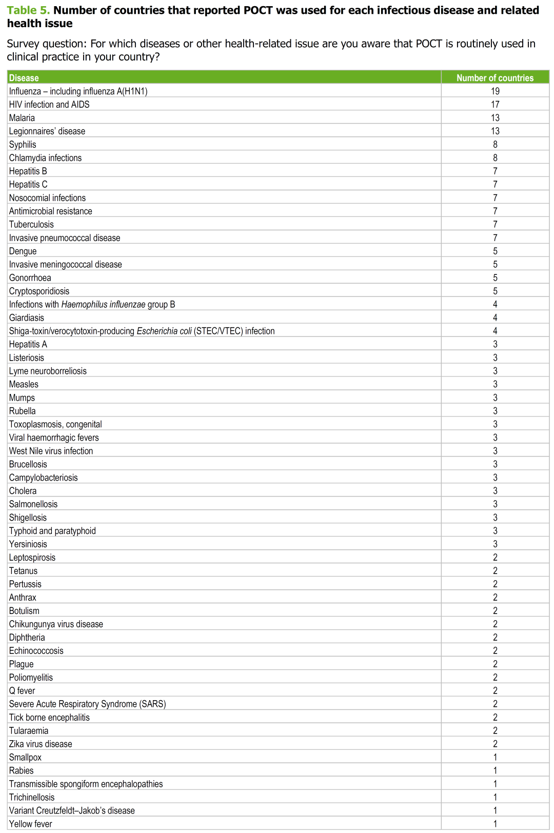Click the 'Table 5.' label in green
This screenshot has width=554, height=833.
click(x=28, y=10)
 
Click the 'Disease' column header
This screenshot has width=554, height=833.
click(x=24, y=78)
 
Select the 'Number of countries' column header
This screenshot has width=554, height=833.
click(x=494, y=78)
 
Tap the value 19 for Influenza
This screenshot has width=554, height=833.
click(x=494, y=91)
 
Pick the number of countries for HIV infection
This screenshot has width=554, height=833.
click(x=494, y=105)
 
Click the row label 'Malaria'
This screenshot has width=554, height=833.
click(x=22, y=118)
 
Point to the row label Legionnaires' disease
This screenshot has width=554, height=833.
click(x=47, y=131)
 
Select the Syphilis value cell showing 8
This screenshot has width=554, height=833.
click(x=494, y=145)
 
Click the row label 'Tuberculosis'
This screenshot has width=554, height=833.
click(x=31, y=225)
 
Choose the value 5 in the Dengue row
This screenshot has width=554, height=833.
click(x=494, y=251)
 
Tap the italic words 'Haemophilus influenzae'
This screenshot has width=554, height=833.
click(x=103, y=305)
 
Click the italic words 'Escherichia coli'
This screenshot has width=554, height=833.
click(x=164, y=331)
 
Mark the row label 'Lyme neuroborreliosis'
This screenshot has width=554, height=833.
click(x=48, y=371)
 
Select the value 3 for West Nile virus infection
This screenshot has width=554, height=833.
click(x=494, y=451)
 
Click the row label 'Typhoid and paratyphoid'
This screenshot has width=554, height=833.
click(x=52, y=531)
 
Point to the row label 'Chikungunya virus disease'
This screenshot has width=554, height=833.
click(x=56, y=625)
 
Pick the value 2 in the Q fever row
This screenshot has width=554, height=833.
click(x=494, y=691)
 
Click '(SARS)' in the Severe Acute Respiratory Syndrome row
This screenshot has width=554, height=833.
click(x=152, y=705)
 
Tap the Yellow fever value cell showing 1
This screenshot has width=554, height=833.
click(x=494, y=825)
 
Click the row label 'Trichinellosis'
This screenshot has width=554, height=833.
click(x=32, y=798)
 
